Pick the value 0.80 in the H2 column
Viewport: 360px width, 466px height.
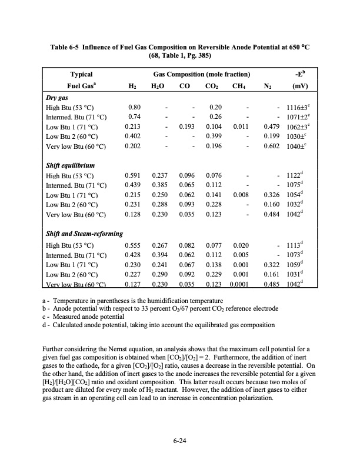[x=135, y=108]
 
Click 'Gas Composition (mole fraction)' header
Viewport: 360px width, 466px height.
[x=202, y=75]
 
